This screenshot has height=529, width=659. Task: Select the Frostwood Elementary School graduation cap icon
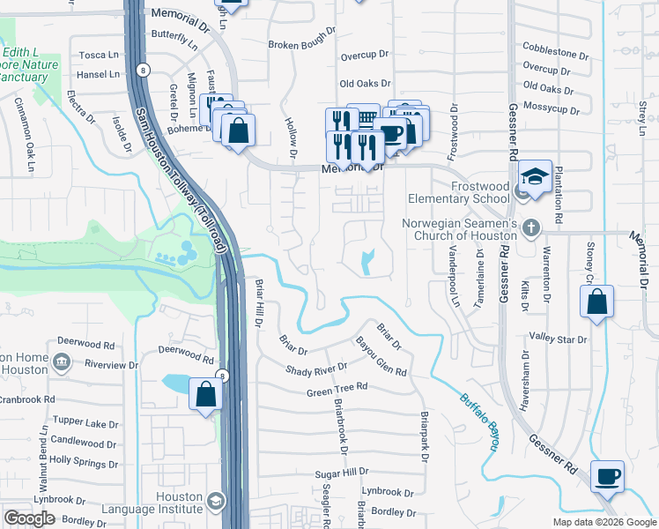pos(534,175)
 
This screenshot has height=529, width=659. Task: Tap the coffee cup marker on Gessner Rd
pos(606,477)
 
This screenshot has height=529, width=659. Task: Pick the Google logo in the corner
pos(29,518)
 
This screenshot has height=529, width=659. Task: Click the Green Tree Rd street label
pos(337,389)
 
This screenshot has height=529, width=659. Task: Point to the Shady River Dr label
pos(316,368)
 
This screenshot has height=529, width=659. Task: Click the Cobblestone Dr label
pos(555,50)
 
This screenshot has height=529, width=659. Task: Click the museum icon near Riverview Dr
pos(61,361)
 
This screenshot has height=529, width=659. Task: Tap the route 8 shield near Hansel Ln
pos(144,70)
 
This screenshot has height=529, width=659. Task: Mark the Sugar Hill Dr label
pos(341,473)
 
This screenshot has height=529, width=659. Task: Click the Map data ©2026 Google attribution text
pos(603,522)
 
